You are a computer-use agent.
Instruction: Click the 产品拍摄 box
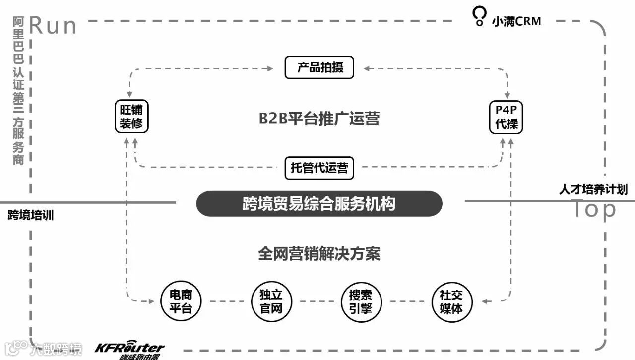pos(319,67)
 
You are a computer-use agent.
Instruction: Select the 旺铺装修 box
pos(131,117)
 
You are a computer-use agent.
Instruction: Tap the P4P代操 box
pos(506,117)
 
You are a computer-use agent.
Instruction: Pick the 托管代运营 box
pos(319,168)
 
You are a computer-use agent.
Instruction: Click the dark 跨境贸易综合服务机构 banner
pos(319,203)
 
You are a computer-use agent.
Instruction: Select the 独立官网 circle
pos(271,301)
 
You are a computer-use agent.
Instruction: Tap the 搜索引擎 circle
pos(361,301)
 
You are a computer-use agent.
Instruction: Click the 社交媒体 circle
pos(451,301)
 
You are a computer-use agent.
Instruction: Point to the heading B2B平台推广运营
pos(319,119)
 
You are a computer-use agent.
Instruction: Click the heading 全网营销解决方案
pos(319,254)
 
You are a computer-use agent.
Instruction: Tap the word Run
pos(53,26)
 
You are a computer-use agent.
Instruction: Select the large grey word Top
pos(594,210)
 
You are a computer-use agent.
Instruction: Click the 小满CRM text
pos(516,21)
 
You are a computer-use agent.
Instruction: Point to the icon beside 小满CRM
pos(479,16)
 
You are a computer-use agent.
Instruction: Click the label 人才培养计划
pos(593,189)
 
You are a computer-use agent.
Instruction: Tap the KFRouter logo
pos(129,349)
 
